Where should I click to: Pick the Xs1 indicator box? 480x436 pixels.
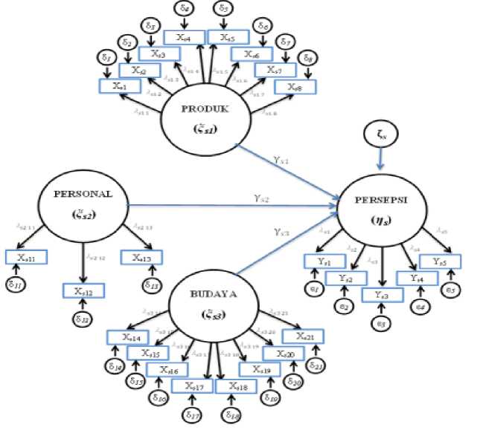(x=120, y=86)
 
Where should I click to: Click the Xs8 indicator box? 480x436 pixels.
(x=292, y=86)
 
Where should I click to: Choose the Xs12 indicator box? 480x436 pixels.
(x=84, y=290)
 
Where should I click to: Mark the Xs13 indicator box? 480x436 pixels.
(x=141, y=257)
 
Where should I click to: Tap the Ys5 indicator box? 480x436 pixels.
(x=440, y=261)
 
